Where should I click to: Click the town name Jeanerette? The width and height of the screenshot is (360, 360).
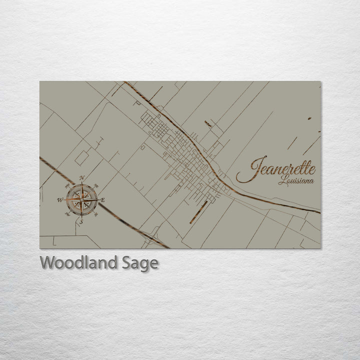point(276,169)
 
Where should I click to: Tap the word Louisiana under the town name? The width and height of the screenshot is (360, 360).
point(296,180)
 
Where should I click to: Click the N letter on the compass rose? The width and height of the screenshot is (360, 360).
point(82,178)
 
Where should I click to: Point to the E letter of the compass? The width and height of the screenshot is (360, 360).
point(103,200)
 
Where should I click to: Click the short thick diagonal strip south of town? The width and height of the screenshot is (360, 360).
point(198,211)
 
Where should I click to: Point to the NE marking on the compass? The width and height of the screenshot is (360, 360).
point(96,185)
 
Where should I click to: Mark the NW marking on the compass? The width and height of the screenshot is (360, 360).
point(67,185)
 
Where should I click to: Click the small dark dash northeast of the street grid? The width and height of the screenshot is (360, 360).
point(207,123)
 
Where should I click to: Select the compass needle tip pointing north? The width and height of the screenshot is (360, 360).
point(81,184)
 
